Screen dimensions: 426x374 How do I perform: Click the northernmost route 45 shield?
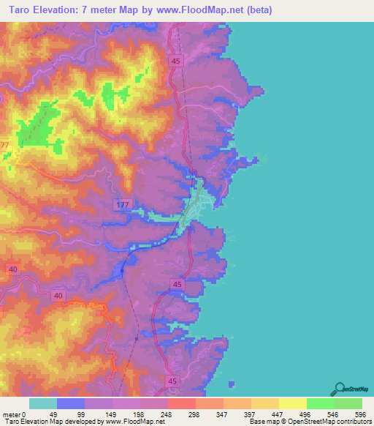click(176, 62)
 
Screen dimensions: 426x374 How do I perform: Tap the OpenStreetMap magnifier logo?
click(339, 388)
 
